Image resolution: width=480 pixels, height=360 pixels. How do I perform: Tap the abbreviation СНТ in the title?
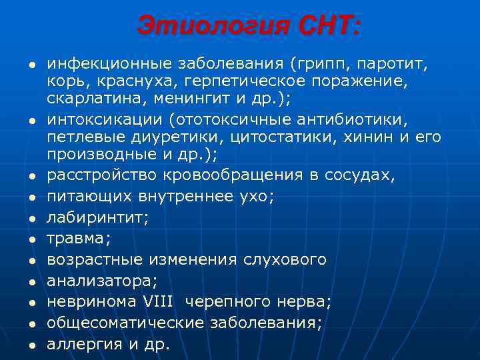pyautogui.click(x=327, y=27)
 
